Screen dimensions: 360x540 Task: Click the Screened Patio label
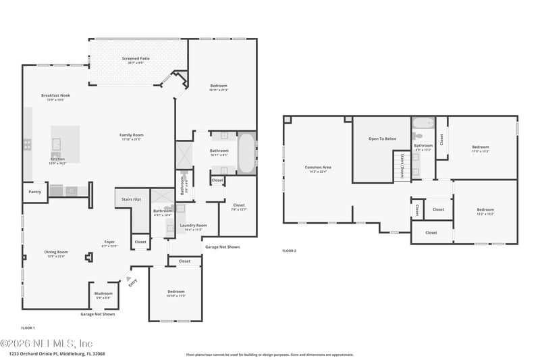click(x=136, y=59)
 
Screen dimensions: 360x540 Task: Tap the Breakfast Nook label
click(x=55, y=95)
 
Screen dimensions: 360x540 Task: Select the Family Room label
click(x=132, y=134)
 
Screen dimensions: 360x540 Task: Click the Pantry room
click(x=34, y=192)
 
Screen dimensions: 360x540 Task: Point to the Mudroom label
click(x=103, y=294)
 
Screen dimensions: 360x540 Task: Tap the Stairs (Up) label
click(x=131, y=200)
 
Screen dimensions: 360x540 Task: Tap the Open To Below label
click(x=382, y=138)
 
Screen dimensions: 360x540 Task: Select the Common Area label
click(x=317, y=167)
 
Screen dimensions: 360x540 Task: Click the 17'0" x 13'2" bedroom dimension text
click(x=480, y=151)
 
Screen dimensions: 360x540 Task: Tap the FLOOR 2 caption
click(x=289, y=251)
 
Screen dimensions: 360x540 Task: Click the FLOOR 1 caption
click(x=28, y=328)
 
